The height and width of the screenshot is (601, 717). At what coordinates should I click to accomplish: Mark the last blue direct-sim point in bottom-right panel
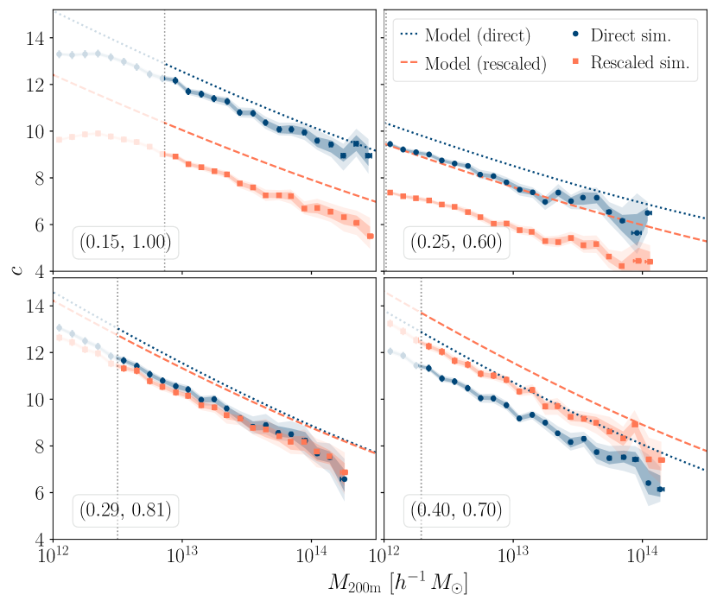click(x=660, y=490)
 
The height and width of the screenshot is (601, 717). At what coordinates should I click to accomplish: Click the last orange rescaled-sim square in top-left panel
click(x=371, y=236)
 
